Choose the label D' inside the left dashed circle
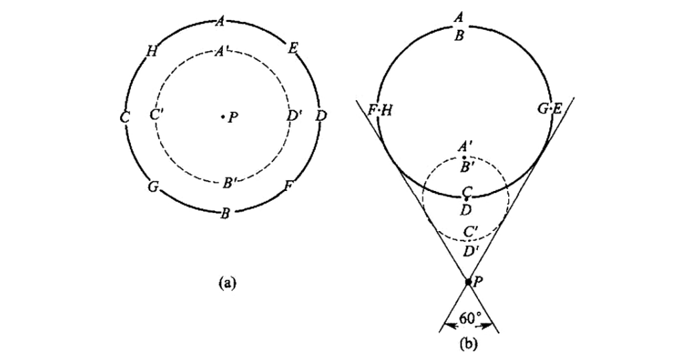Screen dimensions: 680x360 tap(294, 115)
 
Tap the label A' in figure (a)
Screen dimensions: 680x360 tap(222, 51)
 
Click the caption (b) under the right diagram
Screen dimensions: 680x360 tap(466, 340)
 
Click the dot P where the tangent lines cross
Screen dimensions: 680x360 tap(468, 281)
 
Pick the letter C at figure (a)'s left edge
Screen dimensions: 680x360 tap(124, 118)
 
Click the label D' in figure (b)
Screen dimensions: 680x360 tap(470, 251)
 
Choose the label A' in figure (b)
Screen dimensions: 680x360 tap(466, 147)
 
